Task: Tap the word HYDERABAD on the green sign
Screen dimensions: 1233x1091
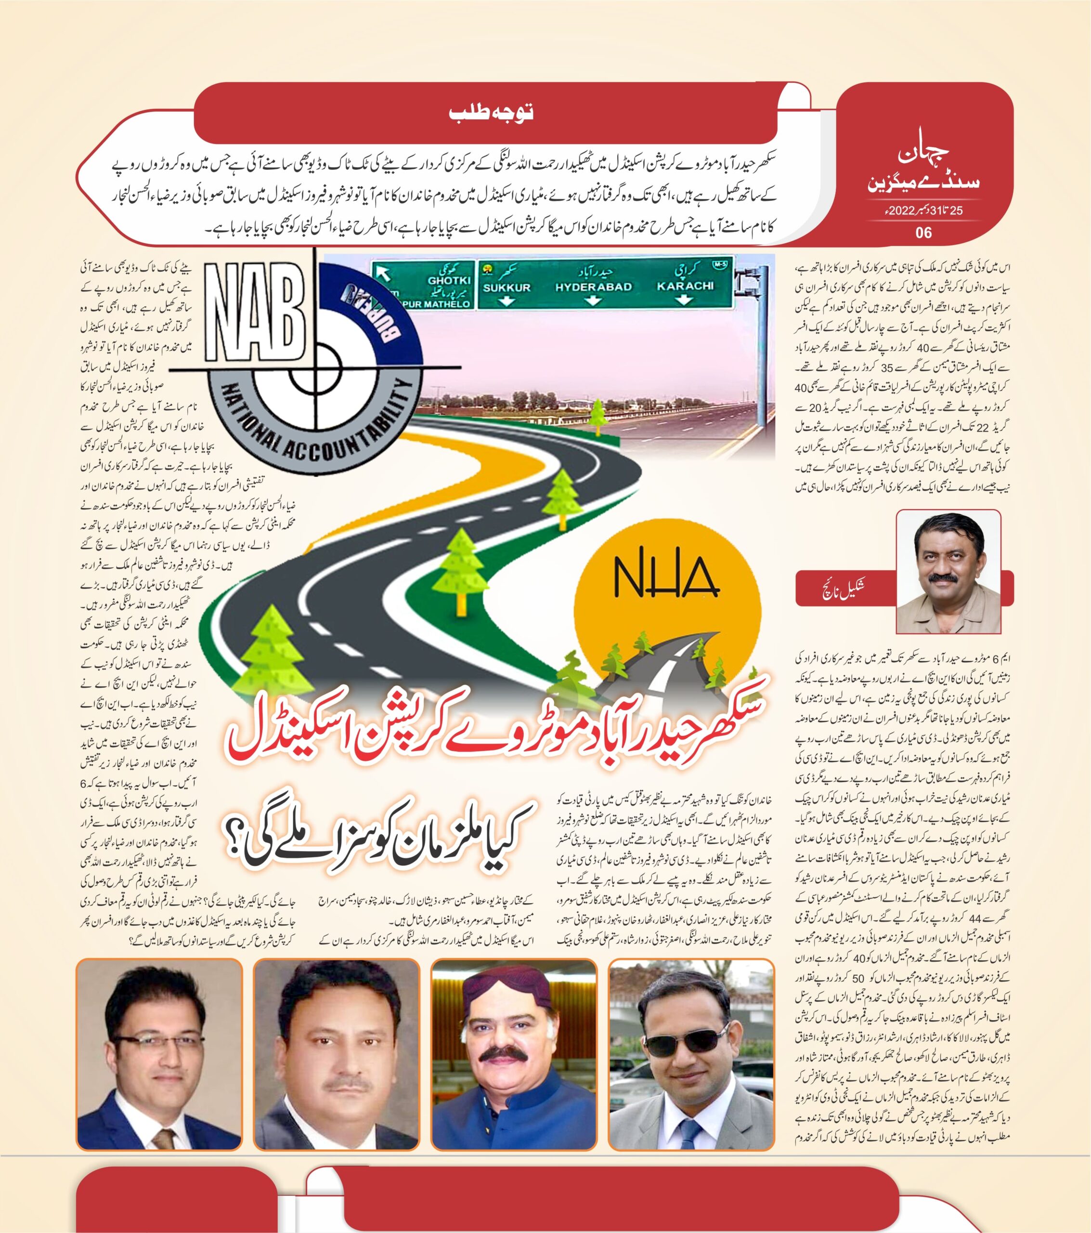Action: (x=594, y=287)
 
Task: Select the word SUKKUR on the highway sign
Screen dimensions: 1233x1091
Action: (x=507, y=288)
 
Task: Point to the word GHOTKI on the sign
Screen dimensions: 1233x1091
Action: (x=449, y=280)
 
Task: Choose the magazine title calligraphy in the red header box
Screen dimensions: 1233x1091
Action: (x=923, y=163)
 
